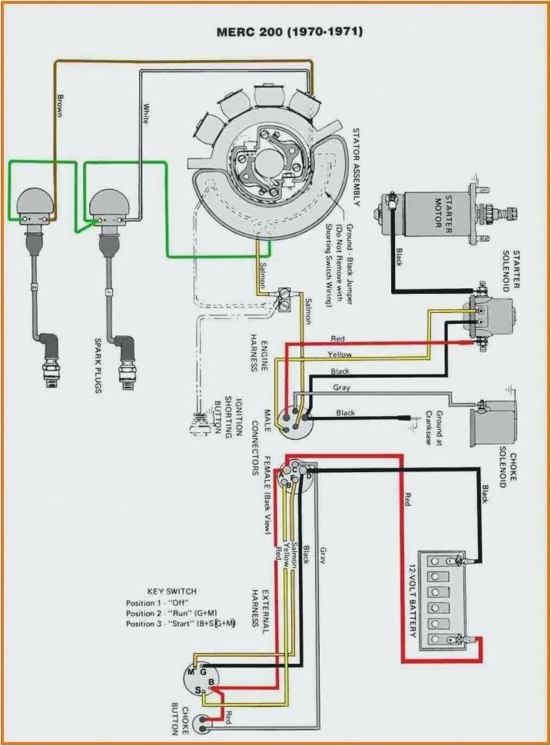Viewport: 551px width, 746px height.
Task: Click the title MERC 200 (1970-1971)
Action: [290, 32]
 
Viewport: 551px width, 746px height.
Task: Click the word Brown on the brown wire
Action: [59, 105]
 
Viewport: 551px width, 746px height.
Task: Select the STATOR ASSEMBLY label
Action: [356, 165]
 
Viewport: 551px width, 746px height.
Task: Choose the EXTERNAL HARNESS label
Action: [260, 611]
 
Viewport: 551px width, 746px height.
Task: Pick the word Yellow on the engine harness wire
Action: [340, 355]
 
